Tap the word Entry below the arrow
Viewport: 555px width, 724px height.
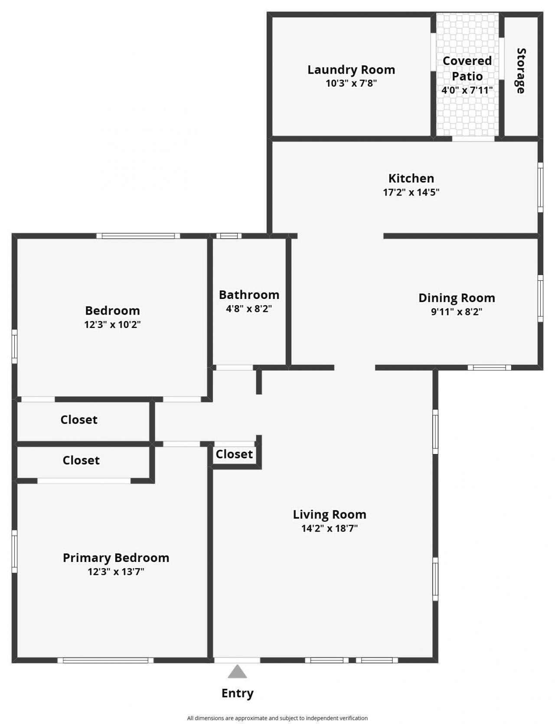coord(237,693)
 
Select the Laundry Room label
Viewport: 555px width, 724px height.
coord(351,69)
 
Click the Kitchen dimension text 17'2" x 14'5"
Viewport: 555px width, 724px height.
coord(411,192)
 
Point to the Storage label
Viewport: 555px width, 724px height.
coord(521,71)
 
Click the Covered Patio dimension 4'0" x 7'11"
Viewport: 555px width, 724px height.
coord(467,90)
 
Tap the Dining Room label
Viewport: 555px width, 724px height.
coord(457,298)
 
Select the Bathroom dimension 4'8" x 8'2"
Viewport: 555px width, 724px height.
coord(249,309)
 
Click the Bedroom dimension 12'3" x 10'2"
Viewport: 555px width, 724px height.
coord(112,325)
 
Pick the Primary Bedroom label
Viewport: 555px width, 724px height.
coord(116,558)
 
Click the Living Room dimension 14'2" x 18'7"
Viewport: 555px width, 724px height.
coord(330,528)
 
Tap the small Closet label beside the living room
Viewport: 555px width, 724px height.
coord(234,454)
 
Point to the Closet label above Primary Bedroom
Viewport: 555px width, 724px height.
coord(81,460)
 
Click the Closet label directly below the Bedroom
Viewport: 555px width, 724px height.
coord(79,419)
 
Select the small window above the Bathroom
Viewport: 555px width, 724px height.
coord(229,236)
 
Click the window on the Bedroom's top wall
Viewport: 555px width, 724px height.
coord(138,236)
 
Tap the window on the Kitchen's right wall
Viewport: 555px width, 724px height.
coord(540,187)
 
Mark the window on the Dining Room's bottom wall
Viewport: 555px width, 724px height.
coord(489,368)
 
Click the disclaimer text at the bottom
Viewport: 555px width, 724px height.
coord(277,718)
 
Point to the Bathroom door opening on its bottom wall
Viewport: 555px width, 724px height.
coord(235,368)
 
